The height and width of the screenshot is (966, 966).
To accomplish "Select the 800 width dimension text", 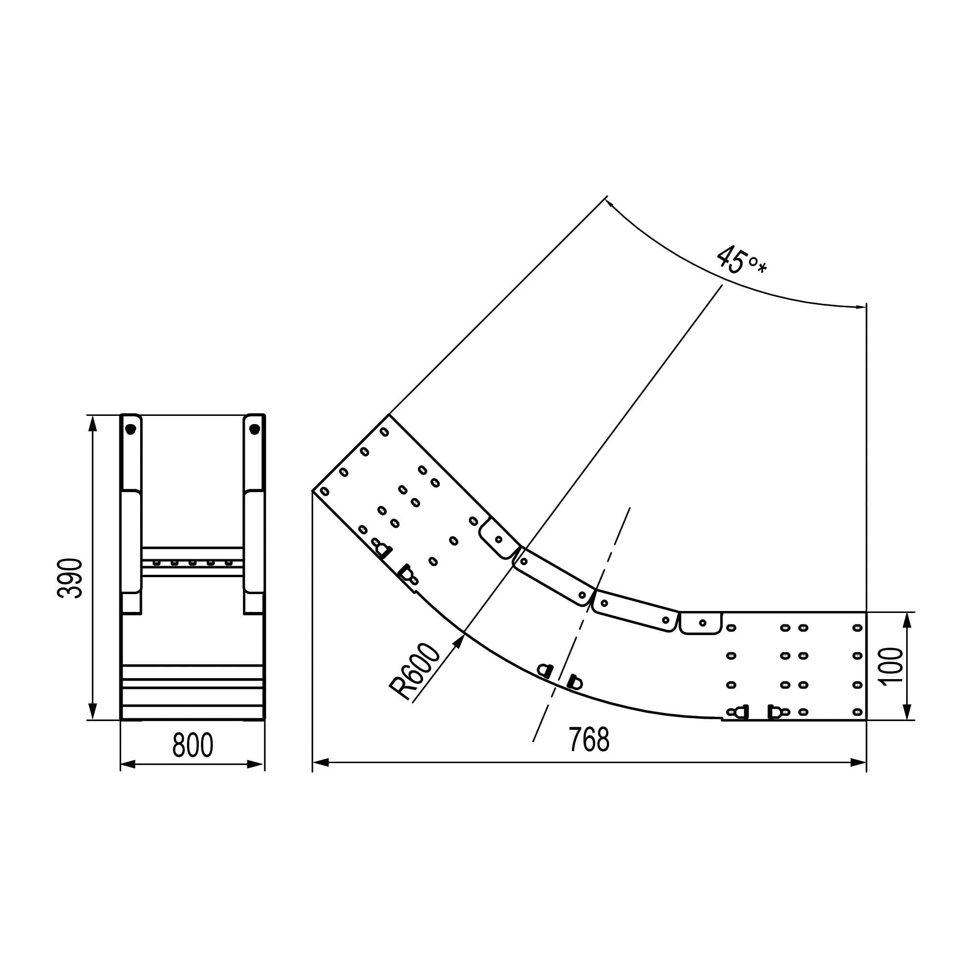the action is point(193,745).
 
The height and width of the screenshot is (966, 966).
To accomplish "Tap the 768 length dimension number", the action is point(589,740).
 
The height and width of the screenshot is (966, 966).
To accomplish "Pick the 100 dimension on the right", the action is point(893,666).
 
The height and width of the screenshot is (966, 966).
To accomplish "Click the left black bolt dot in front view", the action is point(130,429).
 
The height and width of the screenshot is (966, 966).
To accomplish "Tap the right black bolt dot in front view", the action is point(255,429).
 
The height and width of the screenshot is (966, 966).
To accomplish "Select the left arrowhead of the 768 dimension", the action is point(320,763).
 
